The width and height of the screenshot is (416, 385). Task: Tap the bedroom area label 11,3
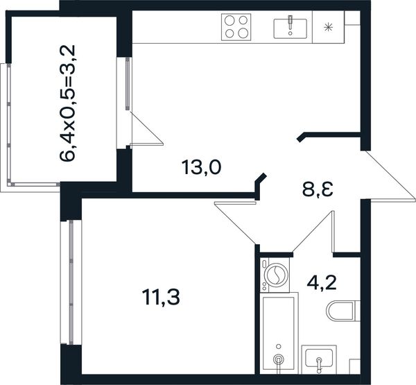(x=161, y=297)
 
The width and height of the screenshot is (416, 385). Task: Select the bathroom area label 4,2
(x=322, y=283)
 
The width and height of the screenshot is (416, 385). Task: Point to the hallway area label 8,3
(x=318, y=189)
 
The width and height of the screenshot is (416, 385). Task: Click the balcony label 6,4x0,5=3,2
(x=68, y=103)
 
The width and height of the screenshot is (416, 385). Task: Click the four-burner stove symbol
(x=236, y=27)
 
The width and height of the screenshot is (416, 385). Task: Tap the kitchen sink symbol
(x=291, y=27)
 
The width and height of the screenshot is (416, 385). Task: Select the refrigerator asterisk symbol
(x=329, y=27)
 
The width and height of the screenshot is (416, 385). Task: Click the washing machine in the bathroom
(x=275, y=275)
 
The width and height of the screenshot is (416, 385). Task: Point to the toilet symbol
(x=343, y=311)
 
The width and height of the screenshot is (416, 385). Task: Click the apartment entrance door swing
(x=388, y=176)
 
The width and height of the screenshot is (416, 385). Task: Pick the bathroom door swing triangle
(x=313, y=232)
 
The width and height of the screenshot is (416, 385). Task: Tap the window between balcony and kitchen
(x=128, y=83)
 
